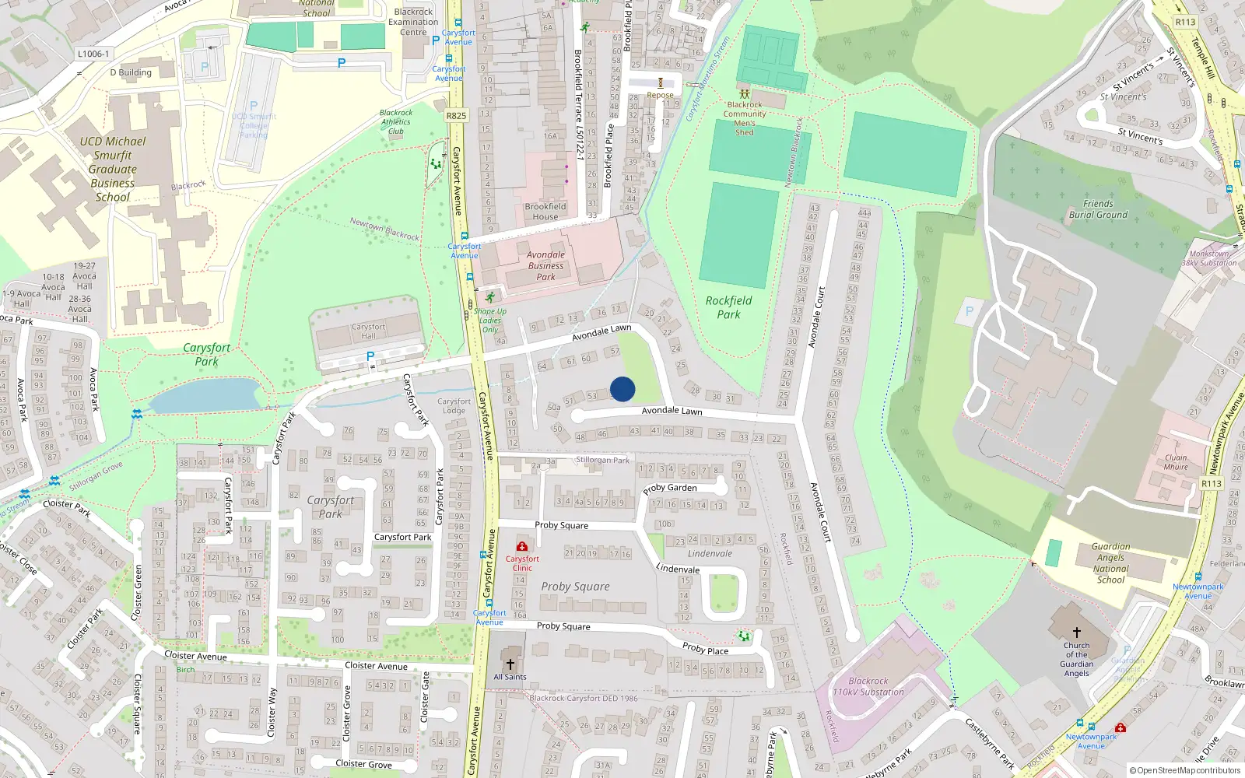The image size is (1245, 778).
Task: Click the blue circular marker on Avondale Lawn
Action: pos(622,389)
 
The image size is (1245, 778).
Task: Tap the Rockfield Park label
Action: pos(728,307)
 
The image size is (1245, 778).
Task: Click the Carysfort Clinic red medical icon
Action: pos(521,547)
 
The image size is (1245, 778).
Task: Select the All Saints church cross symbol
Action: pos(510,664)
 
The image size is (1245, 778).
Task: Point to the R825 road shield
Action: pos(456,115)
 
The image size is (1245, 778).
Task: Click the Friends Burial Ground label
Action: pos(1098,209)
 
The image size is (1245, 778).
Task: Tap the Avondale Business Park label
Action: pos(545,265)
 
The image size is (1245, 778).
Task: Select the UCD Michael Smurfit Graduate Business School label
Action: pos(113,169)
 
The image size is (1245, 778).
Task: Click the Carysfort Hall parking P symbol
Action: pos(370,356)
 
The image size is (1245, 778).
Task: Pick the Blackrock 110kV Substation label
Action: pos(868,686)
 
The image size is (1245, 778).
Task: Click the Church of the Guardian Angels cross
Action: pos(1077,633)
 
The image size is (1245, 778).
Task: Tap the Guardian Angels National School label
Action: pos(1110,562)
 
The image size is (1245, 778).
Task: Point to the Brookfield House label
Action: pos(545,212)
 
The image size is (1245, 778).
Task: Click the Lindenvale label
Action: pos(710,554)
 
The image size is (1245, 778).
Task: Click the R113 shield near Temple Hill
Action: pos(1185,22)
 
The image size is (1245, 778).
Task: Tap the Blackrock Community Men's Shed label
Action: pos(745,118)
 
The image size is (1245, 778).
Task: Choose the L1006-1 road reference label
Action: pos(93,54)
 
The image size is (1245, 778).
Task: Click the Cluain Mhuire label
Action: pos(1176,462)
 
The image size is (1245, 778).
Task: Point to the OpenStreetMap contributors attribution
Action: pos(1184,771)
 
